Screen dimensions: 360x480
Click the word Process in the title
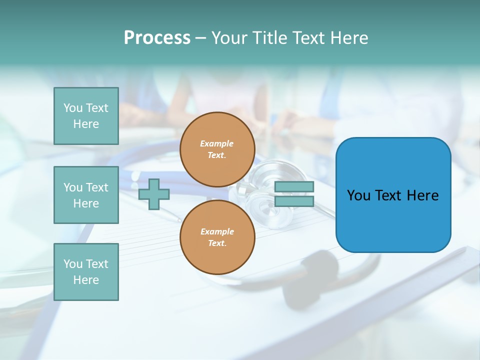point(157,38)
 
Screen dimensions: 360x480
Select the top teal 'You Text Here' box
point(86,116)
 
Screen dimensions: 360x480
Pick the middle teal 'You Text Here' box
point(86,195)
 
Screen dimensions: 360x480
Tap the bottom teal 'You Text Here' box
point(86,272)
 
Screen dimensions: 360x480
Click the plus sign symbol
point(154,194)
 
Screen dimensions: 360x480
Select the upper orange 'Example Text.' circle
point(217,149)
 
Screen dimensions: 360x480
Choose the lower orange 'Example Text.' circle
point(217,237)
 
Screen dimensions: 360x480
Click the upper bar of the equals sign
point(294,186)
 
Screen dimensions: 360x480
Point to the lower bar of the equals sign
point(294,201)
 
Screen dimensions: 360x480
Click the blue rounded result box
point(393,220)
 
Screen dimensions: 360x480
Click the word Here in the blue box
point(422,195)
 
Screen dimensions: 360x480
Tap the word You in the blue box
point(358,195)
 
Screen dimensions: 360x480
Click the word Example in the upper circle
point(217,143)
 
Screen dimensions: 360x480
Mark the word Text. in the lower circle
point(217,243)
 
